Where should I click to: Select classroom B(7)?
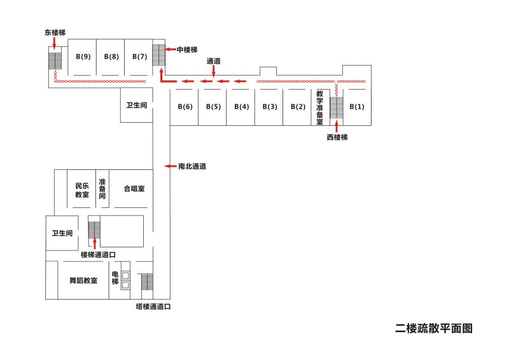click(139, 57)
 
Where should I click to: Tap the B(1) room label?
click(357, 106)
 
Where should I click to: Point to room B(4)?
click(241, 106)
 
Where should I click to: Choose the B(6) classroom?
click(185, 106)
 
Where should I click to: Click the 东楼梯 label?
click(55, 31)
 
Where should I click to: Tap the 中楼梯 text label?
click(187, 49)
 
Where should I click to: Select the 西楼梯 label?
click(337, 137)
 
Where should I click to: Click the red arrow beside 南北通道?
click(169, 166)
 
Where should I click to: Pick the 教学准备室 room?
click(319, 106)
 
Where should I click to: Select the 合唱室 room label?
click(134, 189)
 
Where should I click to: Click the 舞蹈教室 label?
click(83, 280)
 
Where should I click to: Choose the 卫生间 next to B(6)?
click(136, 105)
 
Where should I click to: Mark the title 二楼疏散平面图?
click(433, 328)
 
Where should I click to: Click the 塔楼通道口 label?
click(153, 307)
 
